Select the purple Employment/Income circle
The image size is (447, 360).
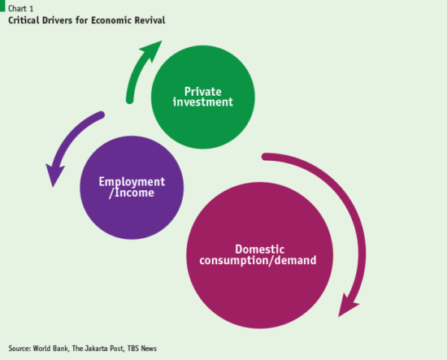point(132,188)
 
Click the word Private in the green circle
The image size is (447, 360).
point(208,90)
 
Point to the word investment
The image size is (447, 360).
point(208,102)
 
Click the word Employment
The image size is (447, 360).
point(132,181)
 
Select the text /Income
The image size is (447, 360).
point(132,193)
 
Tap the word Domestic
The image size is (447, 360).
point(257,249)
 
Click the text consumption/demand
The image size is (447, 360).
point(257,261)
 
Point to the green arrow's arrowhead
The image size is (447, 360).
point(148,54)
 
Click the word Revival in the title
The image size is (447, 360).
point(148,20)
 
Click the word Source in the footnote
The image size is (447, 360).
point(20,348)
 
